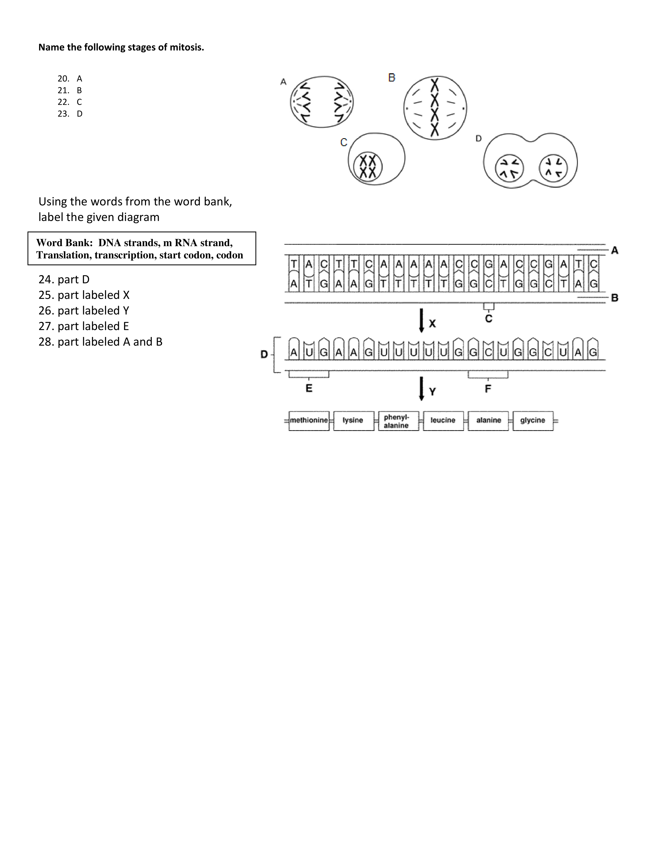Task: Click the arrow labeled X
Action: [421, 320]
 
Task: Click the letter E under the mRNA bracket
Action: [309, 388]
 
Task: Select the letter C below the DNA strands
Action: [489, 319]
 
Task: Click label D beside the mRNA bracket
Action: [264, 354]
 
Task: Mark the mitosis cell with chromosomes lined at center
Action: [435, 108]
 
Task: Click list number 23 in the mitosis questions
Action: [63, 114]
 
